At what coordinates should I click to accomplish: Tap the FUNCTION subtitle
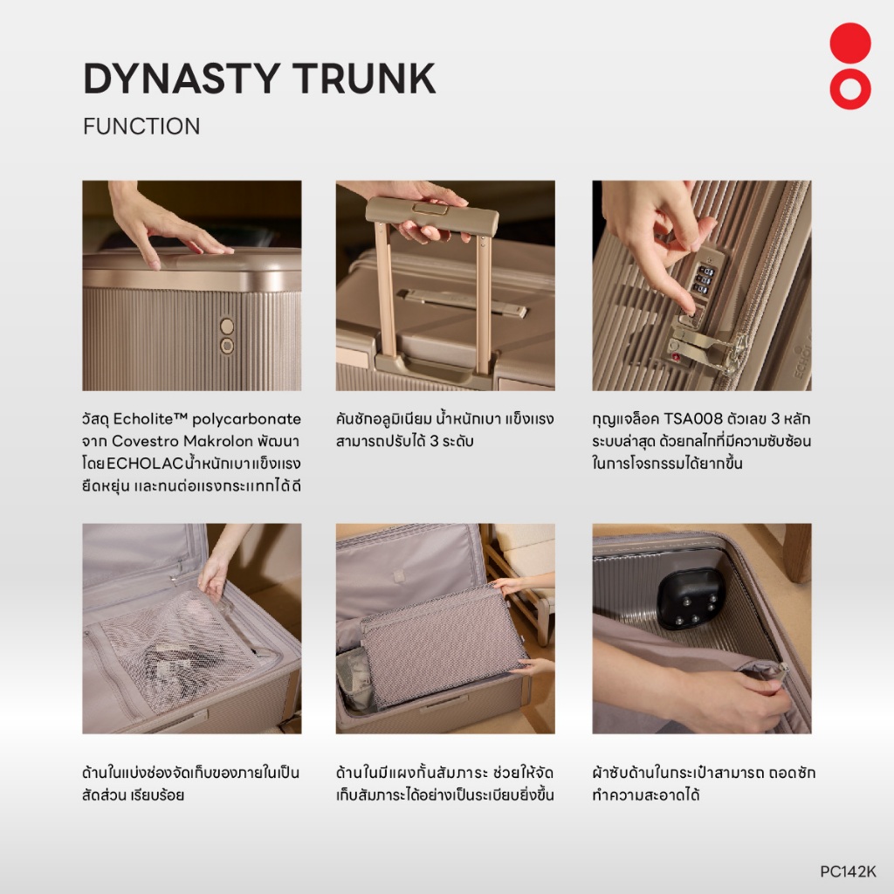[141, 126]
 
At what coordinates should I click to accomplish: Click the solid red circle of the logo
[850, 44]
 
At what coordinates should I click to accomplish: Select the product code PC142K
[848, 871]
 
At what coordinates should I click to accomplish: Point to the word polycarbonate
[246, 420]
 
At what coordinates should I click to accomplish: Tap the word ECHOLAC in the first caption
[145, 464]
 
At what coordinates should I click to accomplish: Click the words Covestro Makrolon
[182, 441]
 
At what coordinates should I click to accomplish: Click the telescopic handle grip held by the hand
[432, 217]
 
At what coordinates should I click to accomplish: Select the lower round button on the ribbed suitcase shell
[227, 346]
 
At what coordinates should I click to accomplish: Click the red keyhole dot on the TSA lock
[677, 357]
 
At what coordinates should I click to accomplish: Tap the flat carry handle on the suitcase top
[462, 302]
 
